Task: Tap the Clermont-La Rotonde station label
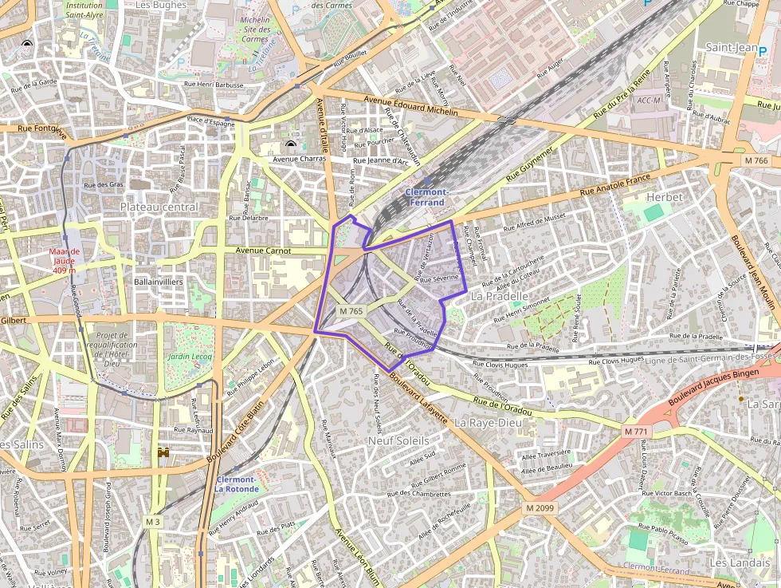pos(237,483)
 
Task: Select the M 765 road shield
pos(351,311)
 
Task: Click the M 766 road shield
pos(756,160)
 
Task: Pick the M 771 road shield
pos(636,432)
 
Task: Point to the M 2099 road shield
pos(540,507)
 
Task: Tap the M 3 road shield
pos(152,521)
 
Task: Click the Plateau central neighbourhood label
pos(159,207)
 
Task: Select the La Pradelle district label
pos(500,296)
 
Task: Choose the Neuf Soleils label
pos(398,440)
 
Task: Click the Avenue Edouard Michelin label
pos(410,106)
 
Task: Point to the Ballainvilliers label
pos(159,282)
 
